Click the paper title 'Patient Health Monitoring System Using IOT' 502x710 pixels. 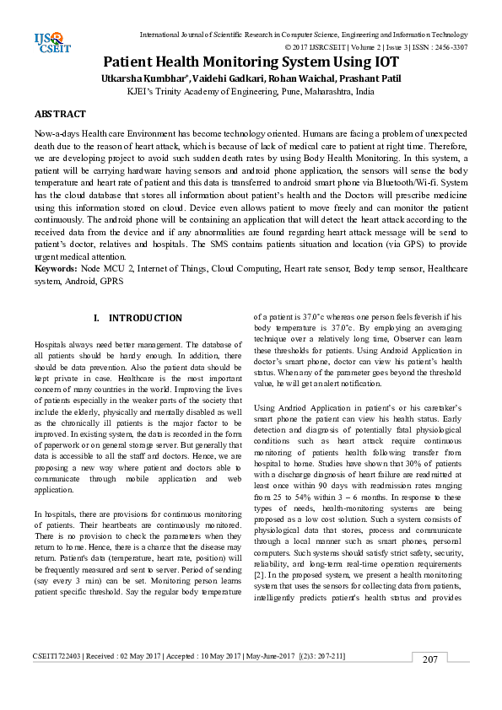tap(251, 62)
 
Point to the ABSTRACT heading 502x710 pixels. tap(60, 113)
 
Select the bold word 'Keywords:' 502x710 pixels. tap(56, 268)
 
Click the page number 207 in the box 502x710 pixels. tap(430, 681)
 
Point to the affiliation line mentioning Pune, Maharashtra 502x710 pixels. tap(251, 91)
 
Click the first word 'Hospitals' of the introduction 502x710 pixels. tap(52, 346)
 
